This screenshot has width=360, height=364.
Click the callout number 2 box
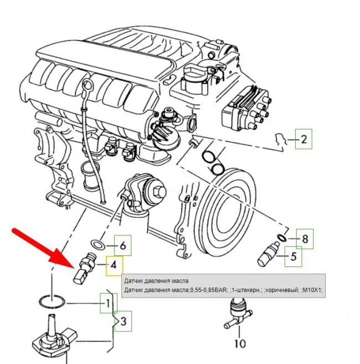(x=304, y=139)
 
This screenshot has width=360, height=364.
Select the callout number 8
(x=305, y=239)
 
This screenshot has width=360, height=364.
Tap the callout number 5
(x=294, y=257)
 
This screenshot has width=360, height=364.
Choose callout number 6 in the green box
(x=123, y=245)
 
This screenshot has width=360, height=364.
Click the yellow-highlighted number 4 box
(x=115, y=266)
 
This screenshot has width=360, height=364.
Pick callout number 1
(x=109, y=303)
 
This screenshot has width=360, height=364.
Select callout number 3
(x=124, y=321)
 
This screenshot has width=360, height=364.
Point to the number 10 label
(x=240, y=344)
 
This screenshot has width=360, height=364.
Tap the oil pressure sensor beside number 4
(x=85, y=268)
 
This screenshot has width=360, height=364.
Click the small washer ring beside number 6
(x=97, y=244)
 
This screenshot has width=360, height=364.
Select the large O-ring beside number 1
(x=52, y=302)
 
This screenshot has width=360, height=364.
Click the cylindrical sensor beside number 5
(x=269, y=255)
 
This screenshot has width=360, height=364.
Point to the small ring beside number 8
(x=282, y=238)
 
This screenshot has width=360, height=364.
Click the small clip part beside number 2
(x=280, y=139)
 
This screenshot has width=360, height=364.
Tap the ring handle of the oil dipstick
(x=88, y=85)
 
